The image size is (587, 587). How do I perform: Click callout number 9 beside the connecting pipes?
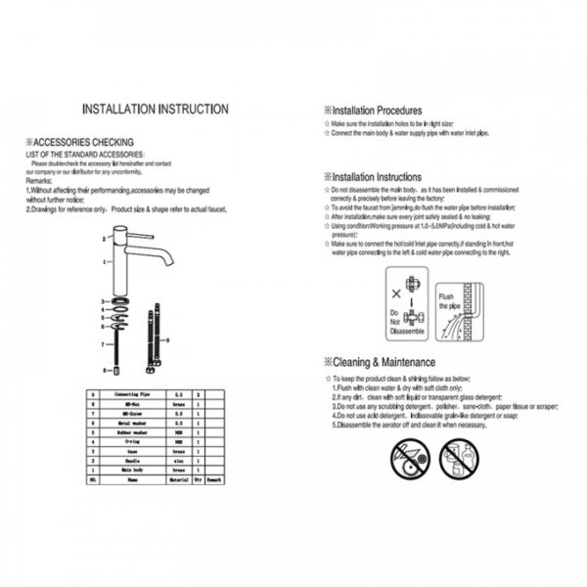point(167,339)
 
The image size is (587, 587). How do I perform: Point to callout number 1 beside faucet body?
point(104,262)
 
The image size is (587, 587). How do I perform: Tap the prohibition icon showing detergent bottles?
point(456,454)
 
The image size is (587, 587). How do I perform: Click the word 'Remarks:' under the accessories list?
point(39,182)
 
